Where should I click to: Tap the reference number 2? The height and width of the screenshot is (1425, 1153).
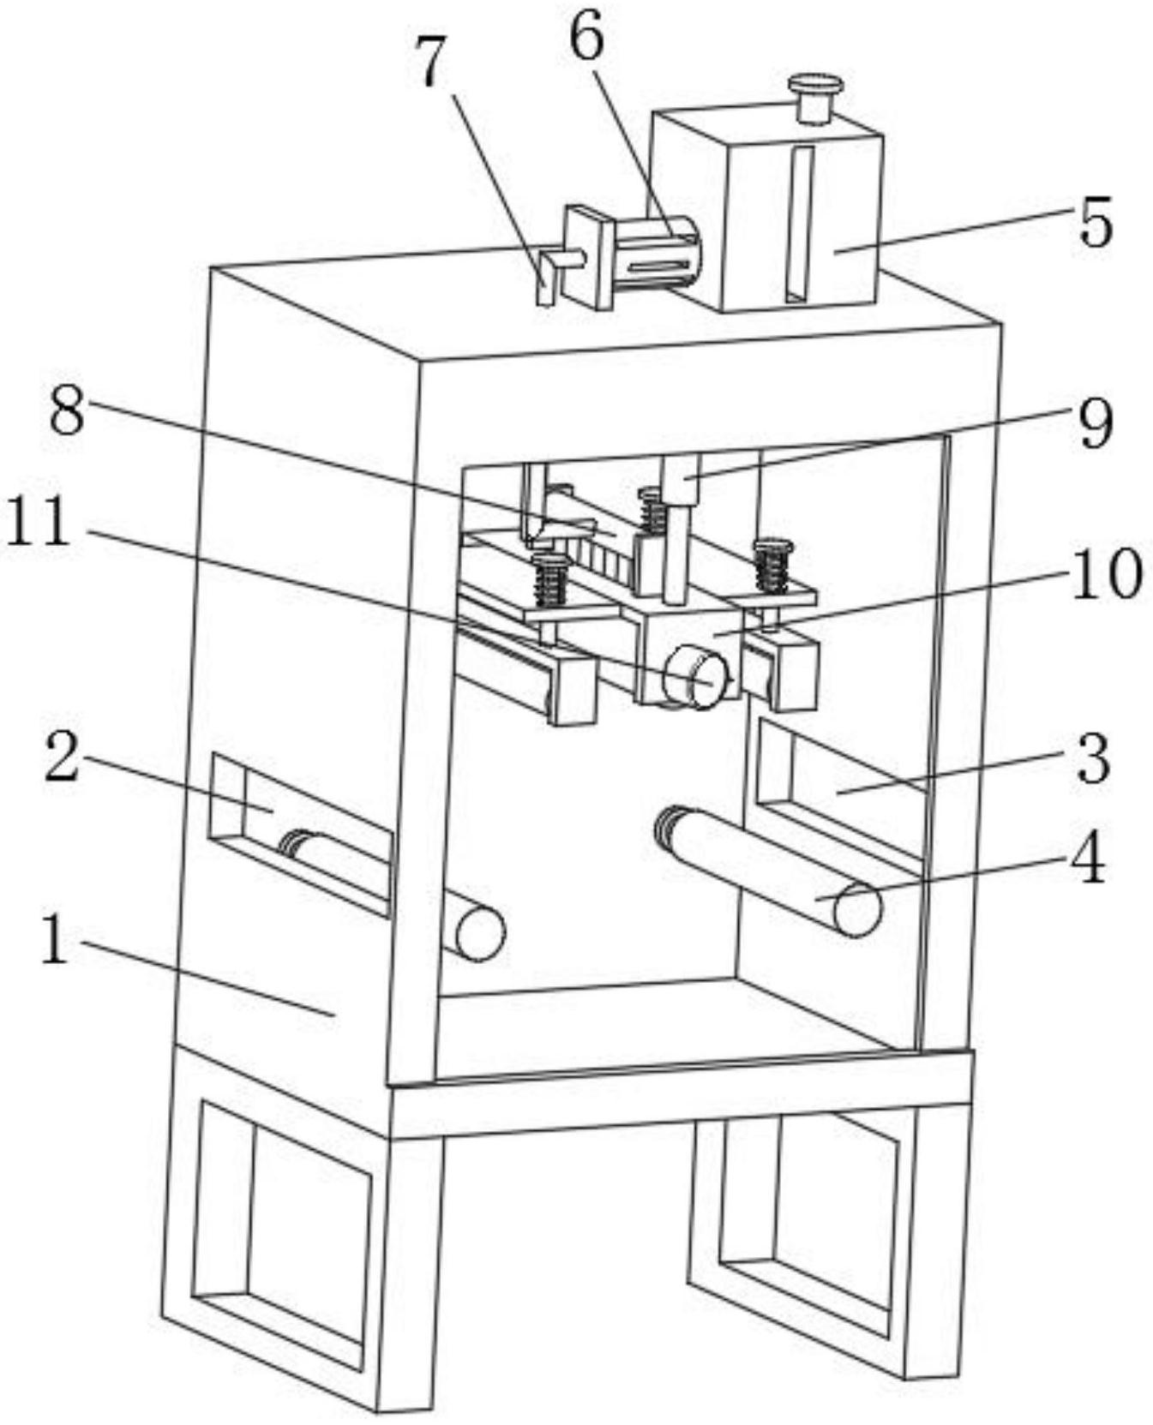pyautogui.click(x=62, y=759)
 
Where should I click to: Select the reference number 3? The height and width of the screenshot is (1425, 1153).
pyautogui.click(x=1093, y=759)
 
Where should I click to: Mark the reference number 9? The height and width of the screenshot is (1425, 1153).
pyautogui.click(x=1095, y=422)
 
